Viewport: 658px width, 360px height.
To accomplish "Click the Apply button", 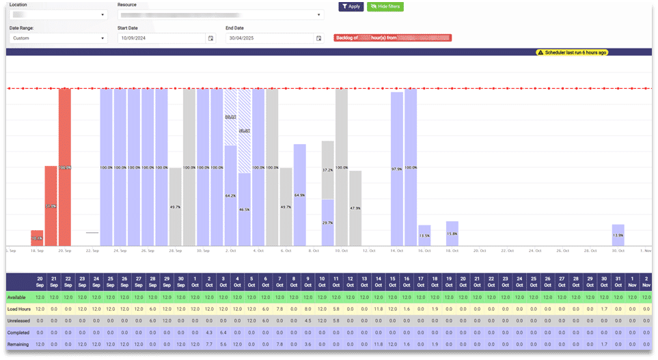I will [x=350, y=6].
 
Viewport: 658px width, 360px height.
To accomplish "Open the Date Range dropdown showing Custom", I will [x=58, y=38].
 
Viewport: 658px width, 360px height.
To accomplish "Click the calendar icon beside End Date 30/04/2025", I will [x=318, y=38].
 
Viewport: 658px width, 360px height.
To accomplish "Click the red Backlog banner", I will [x=392, y=38].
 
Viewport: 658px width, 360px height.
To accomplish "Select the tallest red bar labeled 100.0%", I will [x=65, y=167].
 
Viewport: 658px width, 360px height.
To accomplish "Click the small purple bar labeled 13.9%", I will [x=618, y=235].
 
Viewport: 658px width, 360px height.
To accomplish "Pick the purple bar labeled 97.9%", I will [x=397, y=169].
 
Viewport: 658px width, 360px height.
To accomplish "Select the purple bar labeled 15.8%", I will [x=452, y=234].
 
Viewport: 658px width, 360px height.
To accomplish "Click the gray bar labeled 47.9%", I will [x=355, y=208].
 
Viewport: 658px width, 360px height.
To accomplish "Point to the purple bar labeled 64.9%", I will [x=299, y=195].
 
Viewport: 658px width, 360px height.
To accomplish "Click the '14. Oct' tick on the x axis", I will [x=397, y=251].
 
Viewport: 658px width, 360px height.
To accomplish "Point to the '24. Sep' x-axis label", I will [x=120, y=251].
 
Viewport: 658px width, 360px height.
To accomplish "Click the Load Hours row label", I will [x=18, y=309].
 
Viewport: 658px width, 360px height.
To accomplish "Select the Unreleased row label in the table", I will [x=18, y=320].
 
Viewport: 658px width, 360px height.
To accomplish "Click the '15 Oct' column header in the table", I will [x=392, y=281].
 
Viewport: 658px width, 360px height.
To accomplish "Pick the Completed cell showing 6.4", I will [x=223, y=333].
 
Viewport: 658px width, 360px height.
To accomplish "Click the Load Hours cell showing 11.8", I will [x=378, y=309].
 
